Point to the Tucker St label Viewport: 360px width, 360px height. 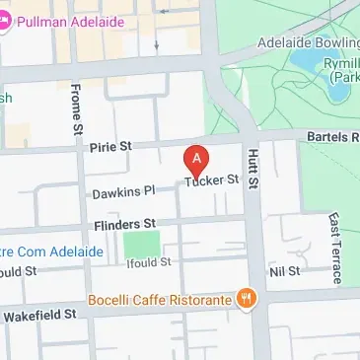tap(213, 180)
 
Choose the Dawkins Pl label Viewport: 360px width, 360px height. tap(123, 192)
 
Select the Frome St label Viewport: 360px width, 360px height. tap(74, 108)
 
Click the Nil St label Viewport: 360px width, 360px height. tap(283, 268)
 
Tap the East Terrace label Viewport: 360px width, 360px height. tap(335, 248)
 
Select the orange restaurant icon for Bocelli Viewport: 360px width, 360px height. tap(247, 298)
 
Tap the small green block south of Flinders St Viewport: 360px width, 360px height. tap(142, 243)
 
